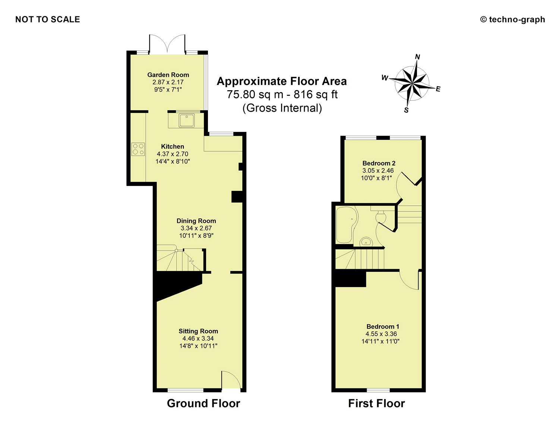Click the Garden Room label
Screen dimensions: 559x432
168,75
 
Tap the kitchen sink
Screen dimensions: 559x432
187,120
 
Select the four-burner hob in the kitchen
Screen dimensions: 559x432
138,149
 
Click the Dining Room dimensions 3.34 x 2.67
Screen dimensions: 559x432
196,228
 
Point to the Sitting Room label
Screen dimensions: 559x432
198,331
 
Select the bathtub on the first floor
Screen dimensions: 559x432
347,225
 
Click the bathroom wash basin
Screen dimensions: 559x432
366,242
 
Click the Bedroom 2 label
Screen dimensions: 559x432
379,163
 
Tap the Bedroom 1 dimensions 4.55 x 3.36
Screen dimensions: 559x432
381,334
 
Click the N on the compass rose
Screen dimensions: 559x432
418,57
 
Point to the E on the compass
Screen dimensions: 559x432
438,89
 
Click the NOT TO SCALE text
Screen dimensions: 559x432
48,19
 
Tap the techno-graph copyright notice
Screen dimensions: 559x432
512,19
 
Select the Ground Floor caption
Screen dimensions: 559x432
203,403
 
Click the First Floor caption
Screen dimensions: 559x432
377,403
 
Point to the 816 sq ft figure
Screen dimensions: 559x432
316,95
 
